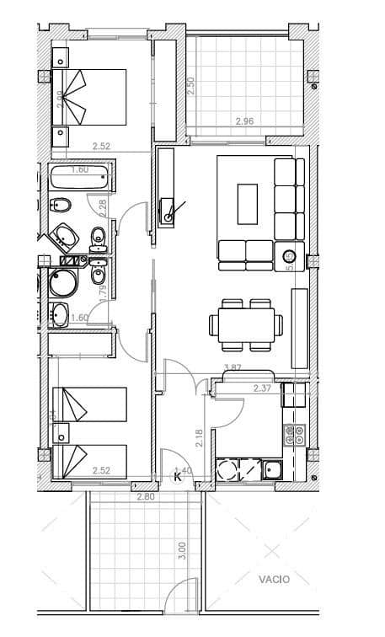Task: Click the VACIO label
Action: click(274, 579)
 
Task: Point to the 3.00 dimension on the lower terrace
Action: click(183, 552)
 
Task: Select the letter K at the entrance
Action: click(178, 477)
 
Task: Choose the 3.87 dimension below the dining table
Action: click(233, 368)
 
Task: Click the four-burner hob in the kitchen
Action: click(295, 435)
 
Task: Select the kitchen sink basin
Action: click(273, 470)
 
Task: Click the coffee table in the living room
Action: click(247, 204)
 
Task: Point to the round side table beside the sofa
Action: click(287, 256)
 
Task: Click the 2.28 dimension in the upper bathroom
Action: click(103, 203)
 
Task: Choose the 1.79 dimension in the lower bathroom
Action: click(103, 292)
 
